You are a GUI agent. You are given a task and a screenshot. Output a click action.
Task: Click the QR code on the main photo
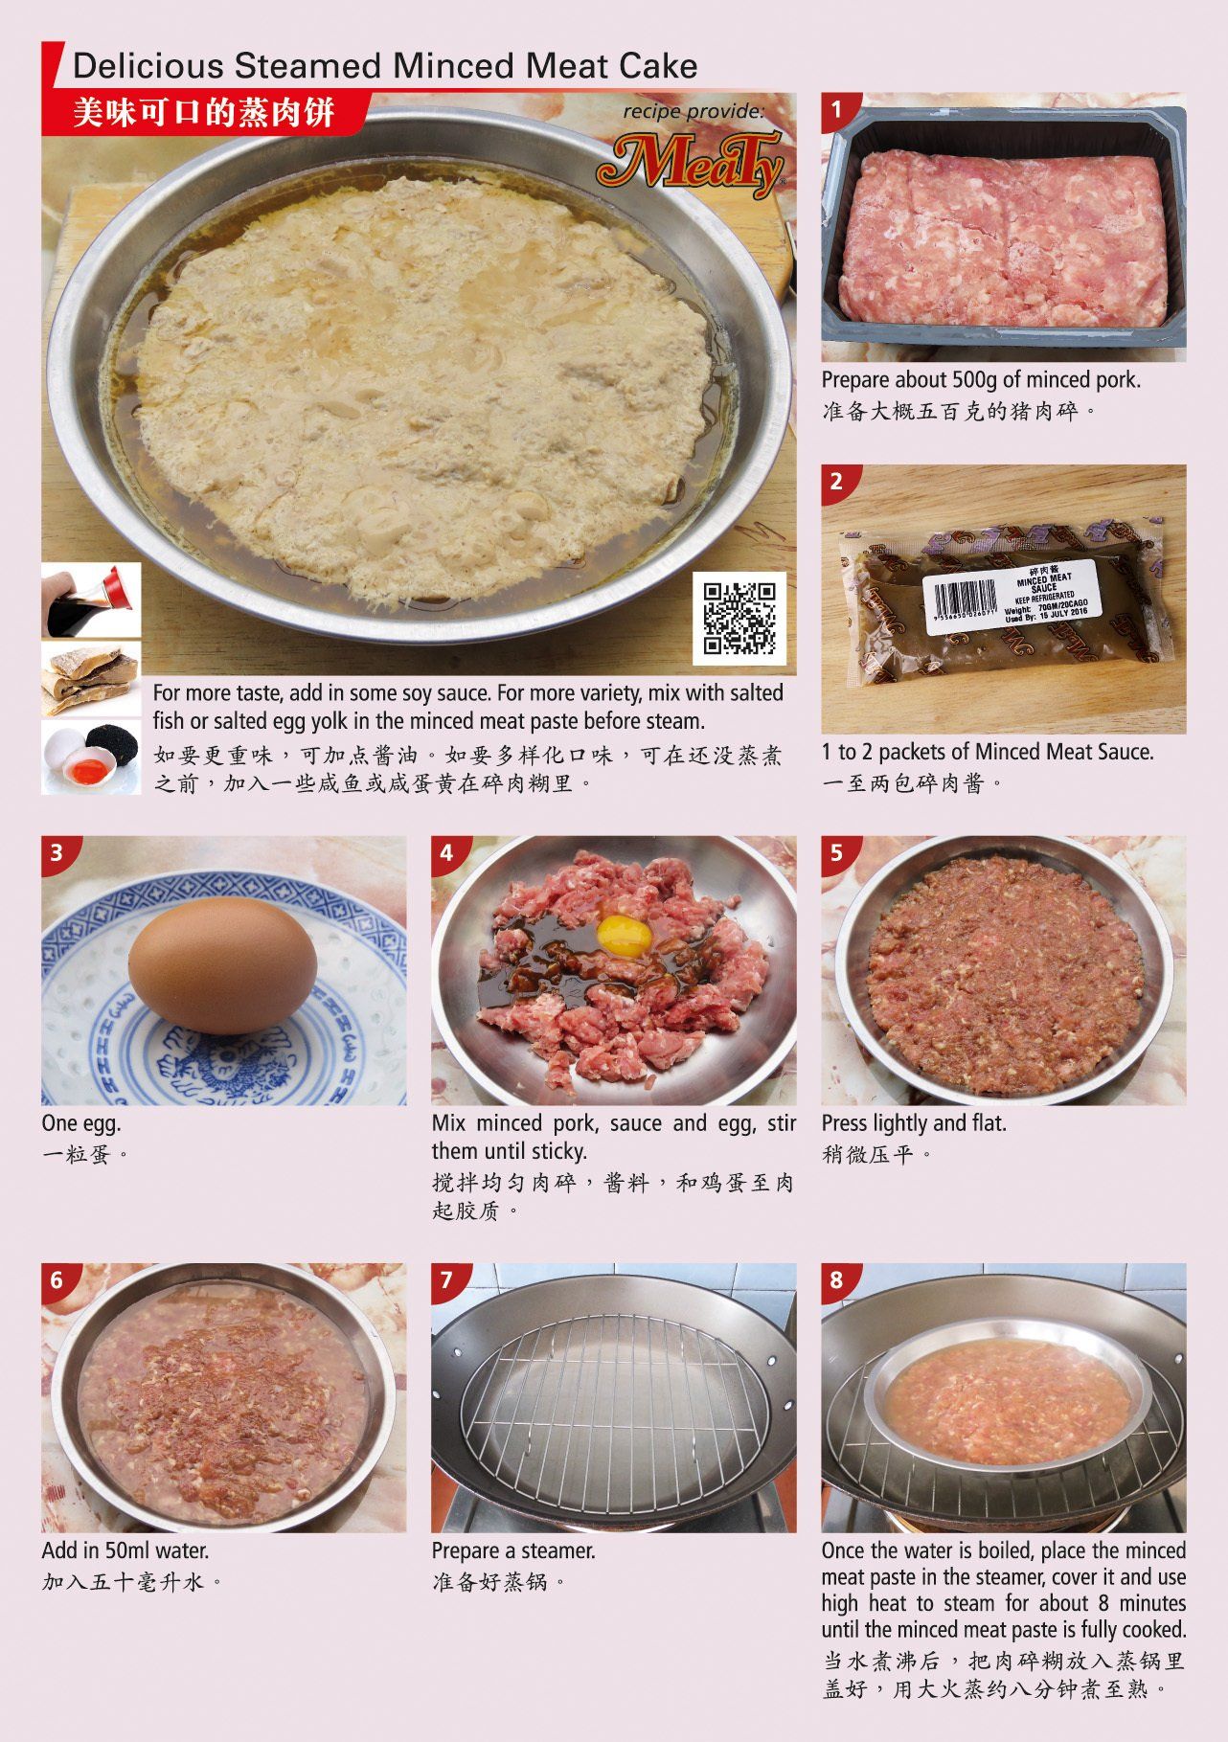pyautogui.click(x=739, y=619)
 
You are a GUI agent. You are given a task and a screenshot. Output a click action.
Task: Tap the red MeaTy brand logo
pyautogui.click(x=691, y=163)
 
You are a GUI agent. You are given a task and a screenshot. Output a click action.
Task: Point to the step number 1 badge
pyautogui.click(x=836, y=109)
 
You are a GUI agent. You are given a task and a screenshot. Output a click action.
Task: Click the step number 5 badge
pyautogui.click(x=836, y=852)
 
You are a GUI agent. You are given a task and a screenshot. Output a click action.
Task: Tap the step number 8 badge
pyautogui.click(x=836, y=1279)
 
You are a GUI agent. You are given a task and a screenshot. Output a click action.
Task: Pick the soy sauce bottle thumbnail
pyautogui.click(x=91, y=600)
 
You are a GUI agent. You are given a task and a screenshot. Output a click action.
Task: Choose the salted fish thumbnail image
pyautogui.click(x=91, y=679)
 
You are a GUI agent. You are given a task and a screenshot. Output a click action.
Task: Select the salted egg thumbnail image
pyautogui.click(x=91, y=757)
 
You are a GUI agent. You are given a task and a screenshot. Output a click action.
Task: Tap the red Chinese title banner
pyautogui.click(x=204, y=113)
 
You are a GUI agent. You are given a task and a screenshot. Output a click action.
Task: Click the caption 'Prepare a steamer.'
pyautogui.click(x=513, y=1550)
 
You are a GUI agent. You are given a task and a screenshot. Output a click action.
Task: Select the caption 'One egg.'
pyautogui.click(x=81, y=1123)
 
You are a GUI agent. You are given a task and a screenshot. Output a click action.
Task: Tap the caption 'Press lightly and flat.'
pyautogui.click(x=914, y=1123)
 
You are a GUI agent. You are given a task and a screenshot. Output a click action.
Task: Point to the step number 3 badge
pyautogui.click(x=57, y=852)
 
